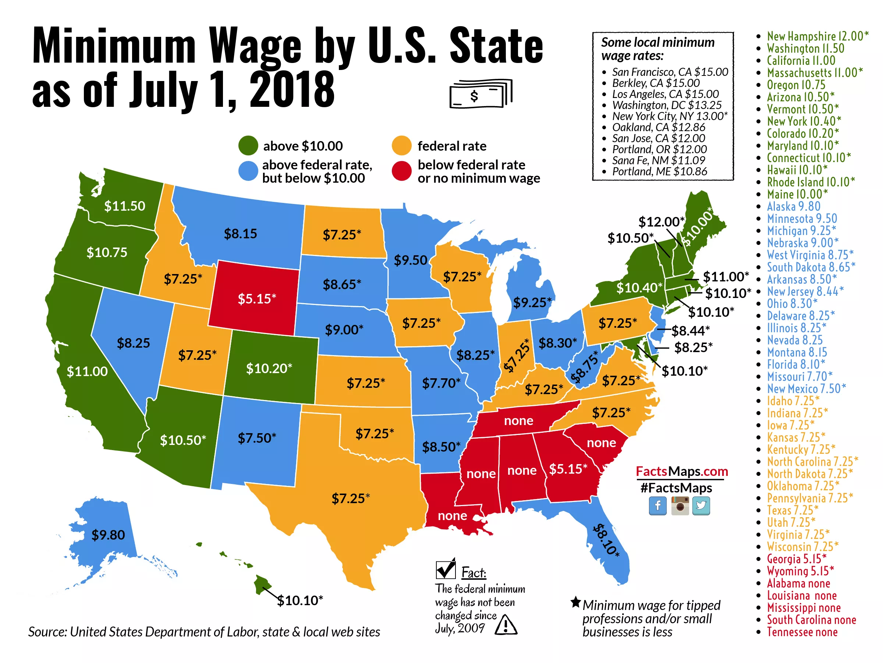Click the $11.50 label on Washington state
coord(125,206)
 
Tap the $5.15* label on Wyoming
coord(257,298)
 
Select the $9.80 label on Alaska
coord(108,535)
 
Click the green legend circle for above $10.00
coord(248,146)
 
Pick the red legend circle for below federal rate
coord(402,171)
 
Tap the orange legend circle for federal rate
coord(402,146)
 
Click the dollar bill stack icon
coord(480,94)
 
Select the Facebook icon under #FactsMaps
coord(657,506)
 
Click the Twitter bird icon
coord(701,506)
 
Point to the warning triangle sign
coord(506,625)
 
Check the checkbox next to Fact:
coord(446,569)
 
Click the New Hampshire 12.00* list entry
coord(817,36)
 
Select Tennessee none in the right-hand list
coord(802,632)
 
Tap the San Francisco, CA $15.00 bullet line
coord(670,72)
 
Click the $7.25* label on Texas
coord(351,498)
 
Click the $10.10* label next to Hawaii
coord(300,600)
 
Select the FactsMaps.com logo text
coord(682,471)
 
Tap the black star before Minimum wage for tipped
coord(575,602)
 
